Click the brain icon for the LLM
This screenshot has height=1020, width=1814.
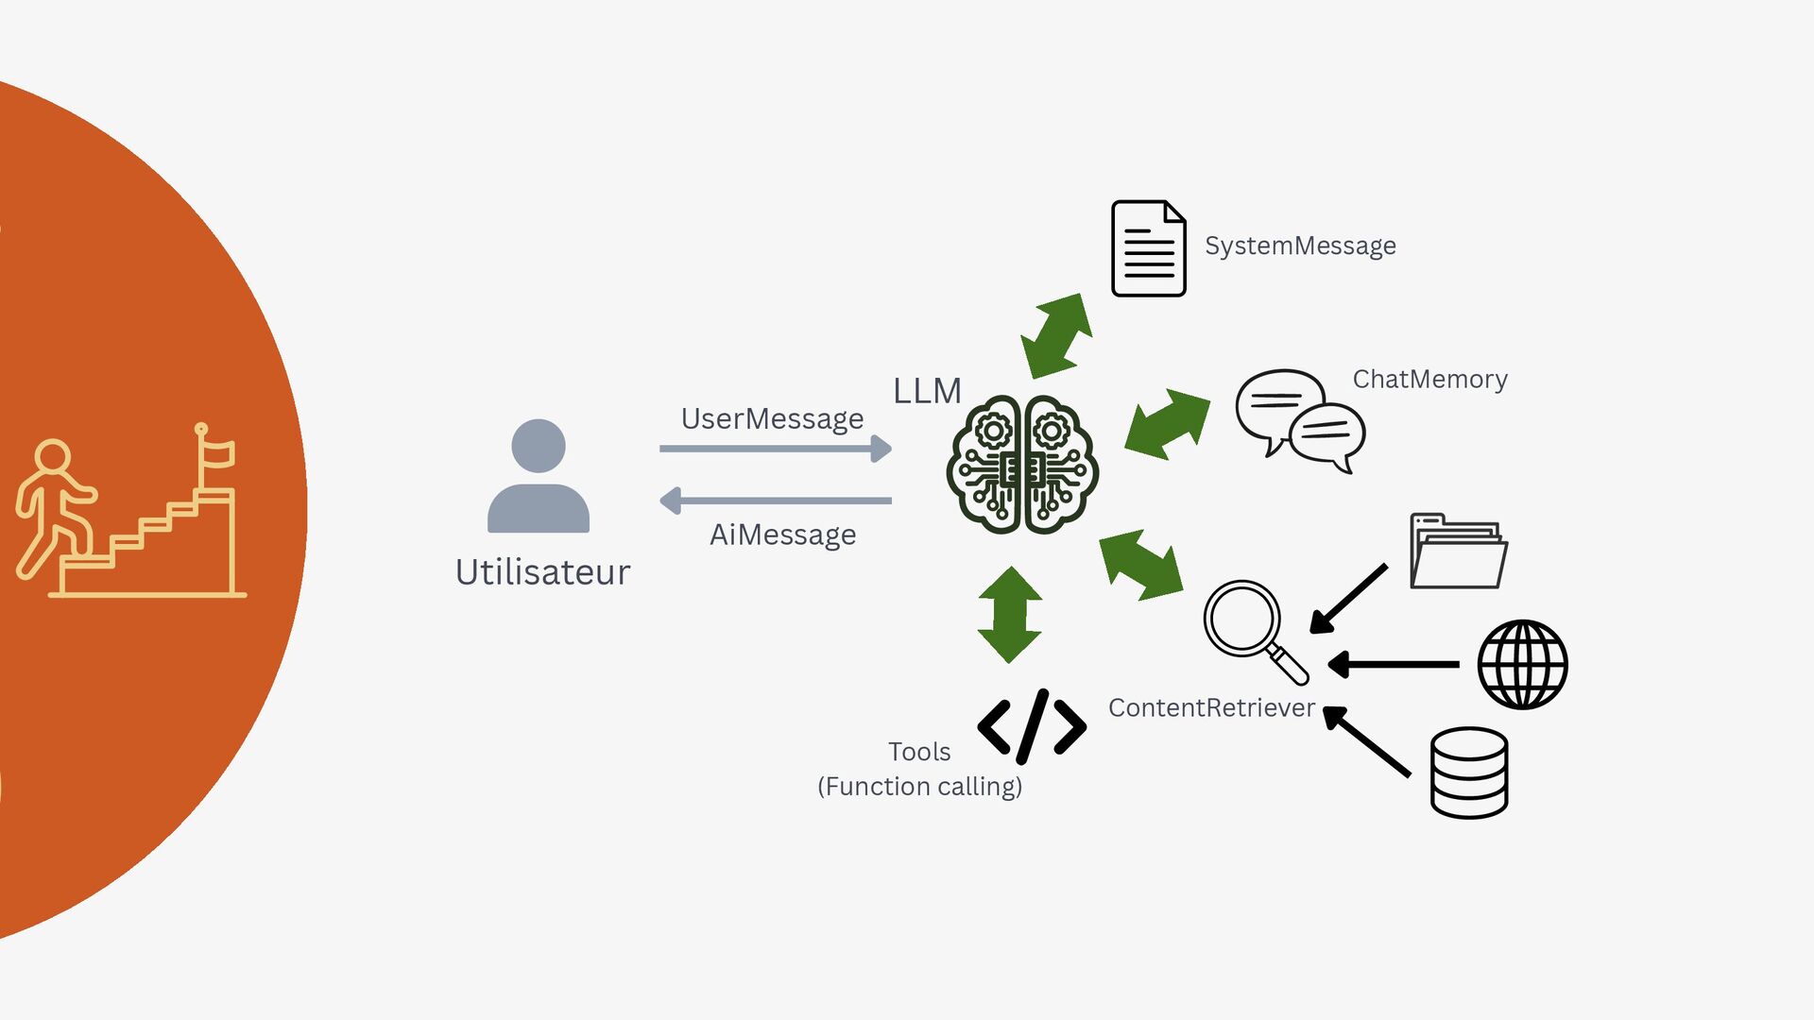click(1022, 464)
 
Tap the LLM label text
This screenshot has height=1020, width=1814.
click(927, 391)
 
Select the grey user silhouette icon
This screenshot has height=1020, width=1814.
click(539, 476)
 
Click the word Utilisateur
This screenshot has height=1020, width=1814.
click(542, 572)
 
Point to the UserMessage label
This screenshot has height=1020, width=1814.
click(772, 418)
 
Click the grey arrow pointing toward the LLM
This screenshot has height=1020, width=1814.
click(775, 449)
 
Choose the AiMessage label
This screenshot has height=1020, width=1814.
click(782, 535)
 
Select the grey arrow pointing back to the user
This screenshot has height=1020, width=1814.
click(775, 501)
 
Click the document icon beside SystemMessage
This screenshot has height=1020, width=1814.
click(1148, 248)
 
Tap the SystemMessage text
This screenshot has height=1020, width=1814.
click(1300, 246)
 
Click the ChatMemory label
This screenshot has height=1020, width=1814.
click(1429, 379)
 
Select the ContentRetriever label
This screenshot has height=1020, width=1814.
click(1211, 707)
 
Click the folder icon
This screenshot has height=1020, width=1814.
click(1458, 552)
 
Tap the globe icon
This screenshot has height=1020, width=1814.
click(1522, 664)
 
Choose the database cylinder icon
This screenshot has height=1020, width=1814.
click(1468, 773)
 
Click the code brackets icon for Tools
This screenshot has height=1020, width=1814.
click(1032, 726)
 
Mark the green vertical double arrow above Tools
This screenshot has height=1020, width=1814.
click(1010, 615)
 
